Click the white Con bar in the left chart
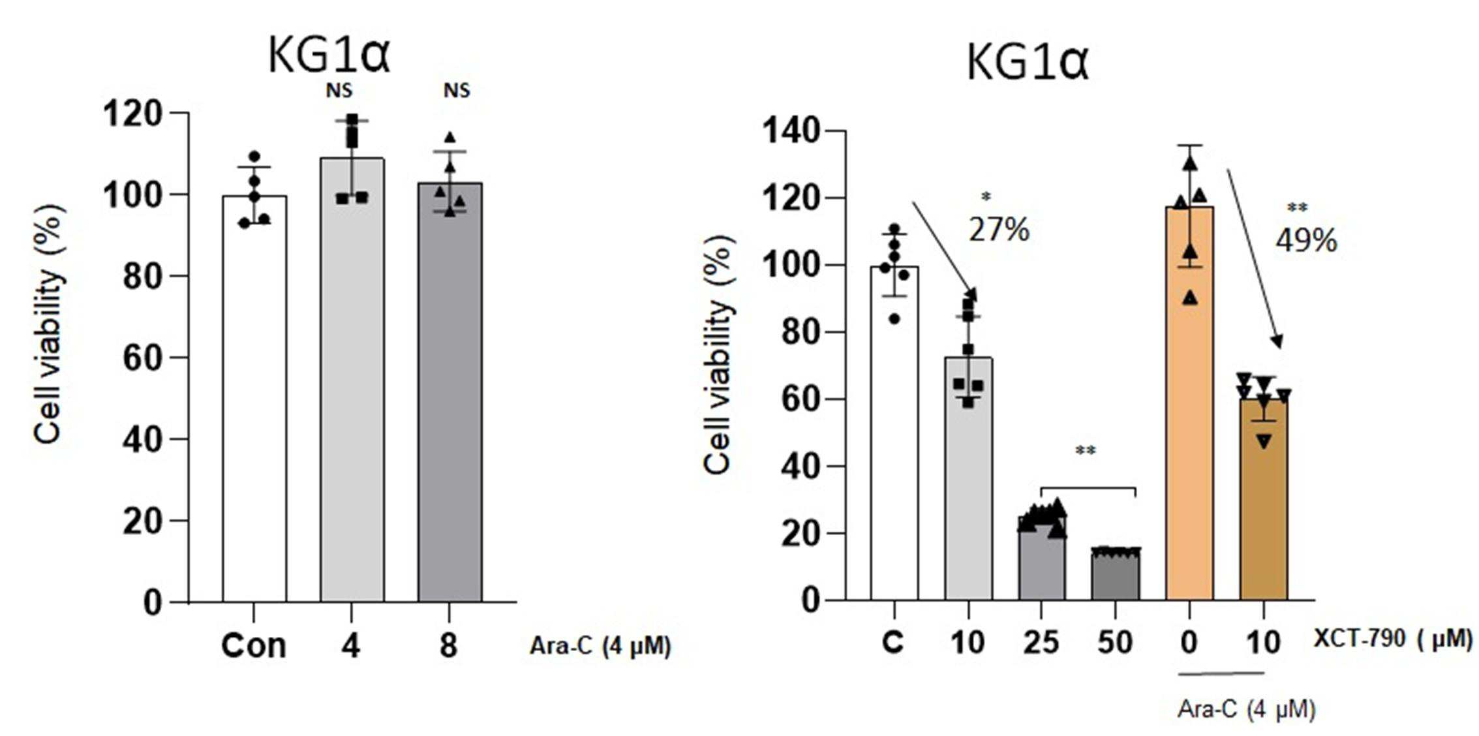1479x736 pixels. tap(254, 399)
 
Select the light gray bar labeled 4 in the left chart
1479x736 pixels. tap(352, 380)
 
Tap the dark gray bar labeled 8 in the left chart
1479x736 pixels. tap(450, 392)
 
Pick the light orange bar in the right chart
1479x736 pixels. tap(1190, 403)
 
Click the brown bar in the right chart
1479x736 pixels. tap(1264, 499)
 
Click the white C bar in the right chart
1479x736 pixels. tap(894, 433)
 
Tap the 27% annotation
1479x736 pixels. tap(999, 230)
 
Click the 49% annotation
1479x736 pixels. tap(1306, 241)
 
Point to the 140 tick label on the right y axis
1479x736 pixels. tap(791, 131)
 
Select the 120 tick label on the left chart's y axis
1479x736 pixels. tap(133, 114)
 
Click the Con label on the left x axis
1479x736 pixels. tap(254, 646)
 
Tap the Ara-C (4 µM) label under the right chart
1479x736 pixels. tap(1247, 709)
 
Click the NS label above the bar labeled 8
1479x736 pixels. tap(457, 90)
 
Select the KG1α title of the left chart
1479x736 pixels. tap(329, 55)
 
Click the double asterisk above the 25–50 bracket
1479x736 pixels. tap(1086, 450)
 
